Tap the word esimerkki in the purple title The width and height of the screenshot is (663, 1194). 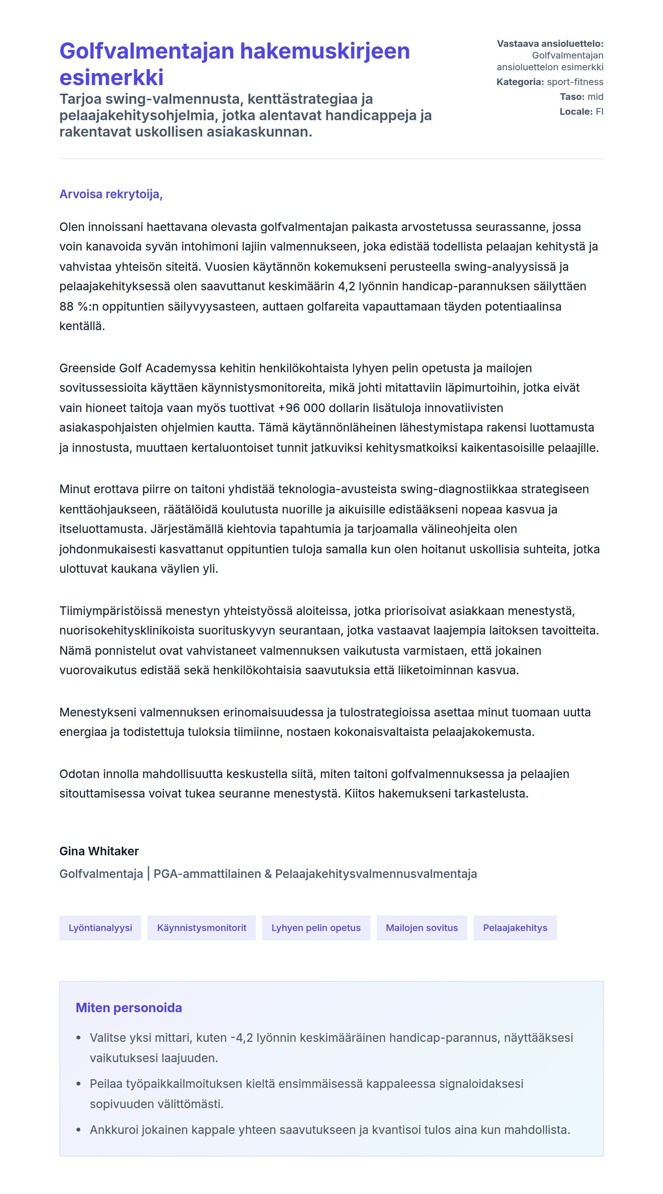point(111,77)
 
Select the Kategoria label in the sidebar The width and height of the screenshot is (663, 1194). point(519,82)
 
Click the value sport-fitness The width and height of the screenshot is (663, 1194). point(574,82)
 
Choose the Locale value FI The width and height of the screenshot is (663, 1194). point(599,112)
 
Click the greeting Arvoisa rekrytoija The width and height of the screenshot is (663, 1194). point(111,194)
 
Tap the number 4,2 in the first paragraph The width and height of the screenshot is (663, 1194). point(347,286)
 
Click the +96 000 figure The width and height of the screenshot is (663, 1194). point(301,408)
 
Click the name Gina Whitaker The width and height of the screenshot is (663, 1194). point(99,851)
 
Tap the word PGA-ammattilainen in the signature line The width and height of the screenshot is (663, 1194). point(207,874)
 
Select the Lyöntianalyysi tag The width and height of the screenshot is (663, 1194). point(100,927)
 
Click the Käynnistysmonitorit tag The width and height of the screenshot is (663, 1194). point(202,927)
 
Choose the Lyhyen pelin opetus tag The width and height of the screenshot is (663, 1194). point(316,927)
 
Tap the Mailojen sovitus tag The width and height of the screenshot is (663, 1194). point(422,927)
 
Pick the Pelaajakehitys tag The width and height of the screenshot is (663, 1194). point(515,927)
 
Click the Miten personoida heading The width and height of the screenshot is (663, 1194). point(129,1007)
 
